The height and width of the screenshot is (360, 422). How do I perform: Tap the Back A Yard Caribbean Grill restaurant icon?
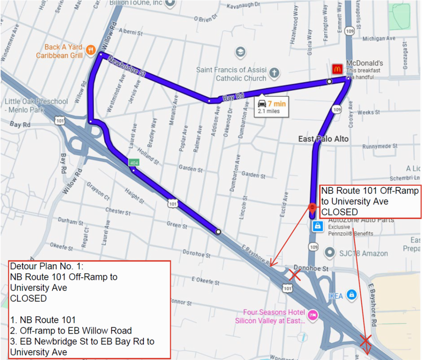click(90, 51)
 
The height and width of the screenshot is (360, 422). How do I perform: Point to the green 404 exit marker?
click(134, 162)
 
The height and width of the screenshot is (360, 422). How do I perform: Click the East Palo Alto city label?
click(323, 139)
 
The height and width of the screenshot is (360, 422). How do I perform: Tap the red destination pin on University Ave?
click(312, 207)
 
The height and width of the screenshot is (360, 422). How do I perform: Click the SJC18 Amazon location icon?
click(329, 253)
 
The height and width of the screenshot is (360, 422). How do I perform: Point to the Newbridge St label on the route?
click(126, 66)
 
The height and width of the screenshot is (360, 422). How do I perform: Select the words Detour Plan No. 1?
click(42, 267)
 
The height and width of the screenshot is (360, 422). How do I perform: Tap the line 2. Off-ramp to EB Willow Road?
click(71, 330)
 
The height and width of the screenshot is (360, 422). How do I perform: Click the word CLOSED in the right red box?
click(339, 212)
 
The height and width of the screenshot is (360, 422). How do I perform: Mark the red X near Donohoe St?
click(294, 276)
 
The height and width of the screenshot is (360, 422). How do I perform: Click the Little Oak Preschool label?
click(36, 105)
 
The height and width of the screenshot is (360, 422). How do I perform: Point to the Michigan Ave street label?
click(379, 38)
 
